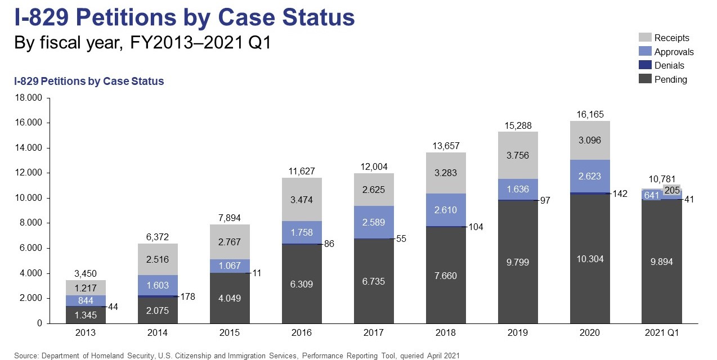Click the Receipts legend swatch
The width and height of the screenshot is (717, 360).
click(x=645, y=38)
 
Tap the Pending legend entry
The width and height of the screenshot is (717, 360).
click(x=670, y=80)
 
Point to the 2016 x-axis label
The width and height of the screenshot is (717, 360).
click(x=302, y=333)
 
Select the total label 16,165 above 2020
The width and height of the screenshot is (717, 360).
click(x=590, y=114)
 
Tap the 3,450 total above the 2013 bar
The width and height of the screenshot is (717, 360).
click(x=85, y=274)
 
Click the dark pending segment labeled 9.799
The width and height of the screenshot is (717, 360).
click(x=518, y=262)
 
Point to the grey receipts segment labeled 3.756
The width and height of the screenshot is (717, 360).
click(x=518, y=155)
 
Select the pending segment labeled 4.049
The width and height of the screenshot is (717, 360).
click(x=230, y=298)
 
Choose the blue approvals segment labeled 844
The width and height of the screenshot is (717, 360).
click(x=85, y=301)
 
